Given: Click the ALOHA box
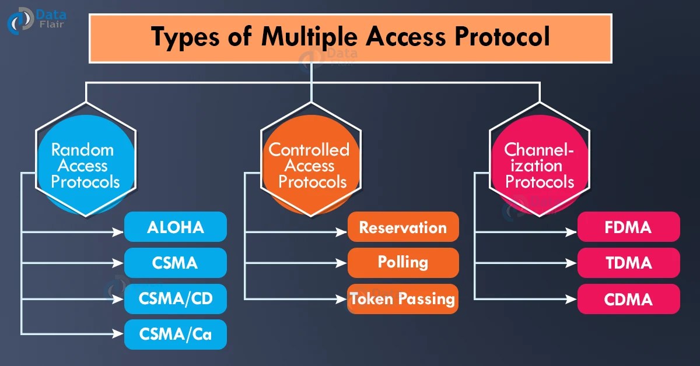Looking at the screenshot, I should click(x=175, y=227).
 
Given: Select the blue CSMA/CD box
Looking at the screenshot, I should click(x=175, y=299).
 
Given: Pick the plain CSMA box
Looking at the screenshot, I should click(x=175, y=263).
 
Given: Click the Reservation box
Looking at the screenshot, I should click(x=403, y=227).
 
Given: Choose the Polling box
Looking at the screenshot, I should click(x=403, y=262).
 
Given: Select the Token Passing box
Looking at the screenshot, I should click(x=403, y=299).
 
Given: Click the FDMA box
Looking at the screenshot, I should click(x=629, y=227).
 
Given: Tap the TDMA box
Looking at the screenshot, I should click(x=629, y=263).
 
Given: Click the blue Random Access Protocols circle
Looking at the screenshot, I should click(x=85, y=166).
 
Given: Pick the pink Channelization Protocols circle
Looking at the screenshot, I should click(x=540, y=166).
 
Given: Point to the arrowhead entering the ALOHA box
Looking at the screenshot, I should click(x=120, y=232).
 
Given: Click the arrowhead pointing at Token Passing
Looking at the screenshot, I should click(x=343, y=299).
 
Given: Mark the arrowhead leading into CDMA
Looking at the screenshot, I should click(x=572, y=299).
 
